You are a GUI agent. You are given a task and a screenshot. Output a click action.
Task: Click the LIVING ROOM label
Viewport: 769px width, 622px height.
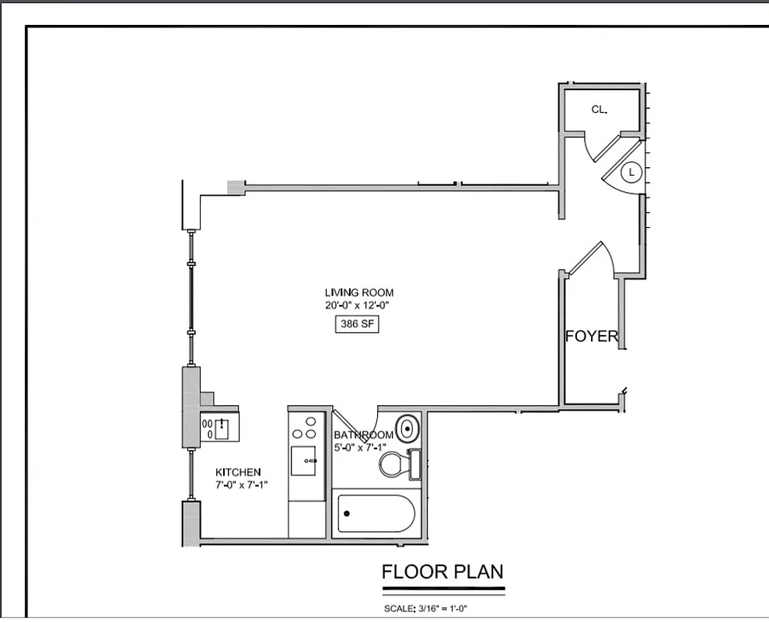click(358, 292)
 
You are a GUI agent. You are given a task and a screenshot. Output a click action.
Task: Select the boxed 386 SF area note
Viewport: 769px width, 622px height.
click(358, 325)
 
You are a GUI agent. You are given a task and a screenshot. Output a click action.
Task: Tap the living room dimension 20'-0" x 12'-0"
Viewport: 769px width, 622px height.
click(357, 306)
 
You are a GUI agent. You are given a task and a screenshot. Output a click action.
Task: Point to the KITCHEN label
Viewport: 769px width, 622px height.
click(238, 472)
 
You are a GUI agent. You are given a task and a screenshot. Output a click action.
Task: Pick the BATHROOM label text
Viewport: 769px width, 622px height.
click(363, 435)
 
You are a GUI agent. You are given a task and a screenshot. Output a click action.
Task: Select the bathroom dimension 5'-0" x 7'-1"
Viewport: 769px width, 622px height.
click(360, 446)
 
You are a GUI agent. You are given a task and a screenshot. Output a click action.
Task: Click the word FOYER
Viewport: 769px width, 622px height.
click(592, 337)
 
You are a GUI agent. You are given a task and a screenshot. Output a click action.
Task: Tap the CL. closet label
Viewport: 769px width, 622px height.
click(599, 110)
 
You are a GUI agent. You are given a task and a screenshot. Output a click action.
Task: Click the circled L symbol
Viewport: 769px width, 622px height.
click(631, 171)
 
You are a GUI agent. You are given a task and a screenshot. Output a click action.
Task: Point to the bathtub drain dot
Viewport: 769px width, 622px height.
click(347, 513)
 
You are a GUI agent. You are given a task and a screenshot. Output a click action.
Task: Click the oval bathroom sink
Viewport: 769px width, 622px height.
click(407, 428)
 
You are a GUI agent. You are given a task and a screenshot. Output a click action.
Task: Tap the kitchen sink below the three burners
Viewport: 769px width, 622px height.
click(303, 460)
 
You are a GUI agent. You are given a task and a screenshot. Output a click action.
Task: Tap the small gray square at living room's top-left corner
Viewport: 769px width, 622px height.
click(235, 187)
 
